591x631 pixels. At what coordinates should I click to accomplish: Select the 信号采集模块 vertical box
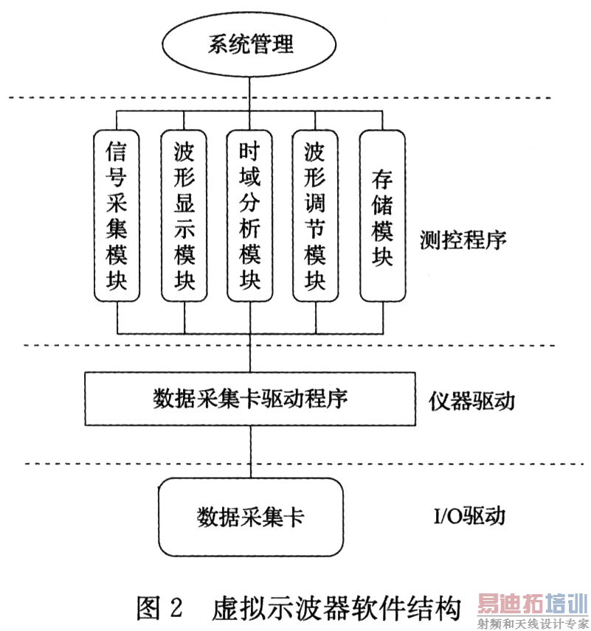117,216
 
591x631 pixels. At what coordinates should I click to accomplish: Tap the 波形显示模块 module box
184,216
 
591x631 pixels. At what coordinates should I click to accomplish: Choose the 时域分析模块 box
250,216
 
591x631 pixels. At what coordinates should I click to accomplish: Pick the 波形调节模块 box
316,216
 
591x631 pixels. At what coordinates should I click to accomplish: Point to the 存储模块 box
381,216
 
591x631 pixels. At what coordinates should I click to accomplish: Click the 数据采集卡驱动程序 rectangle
250,399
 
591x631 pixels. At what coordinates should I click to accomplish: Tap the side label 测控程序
462,240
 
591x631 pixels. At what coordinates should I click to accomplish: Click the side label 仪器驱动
471,402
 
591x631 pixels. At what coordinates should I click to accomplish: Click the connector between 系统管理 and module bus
250,93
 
